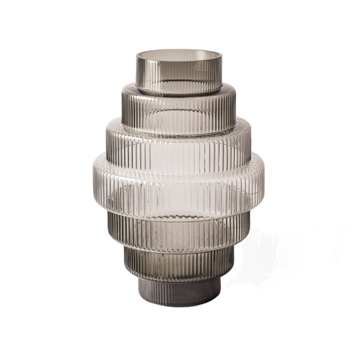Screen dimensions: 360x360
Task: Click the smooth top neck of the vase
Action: pos(179,75)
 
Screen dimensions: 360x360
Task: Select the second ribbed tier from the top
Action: pos(179,111)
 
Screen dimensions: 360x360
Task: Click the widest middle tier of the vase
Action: pos(179,184)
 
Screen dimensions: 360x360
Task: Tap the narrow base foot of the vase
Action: pos(179,292)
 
